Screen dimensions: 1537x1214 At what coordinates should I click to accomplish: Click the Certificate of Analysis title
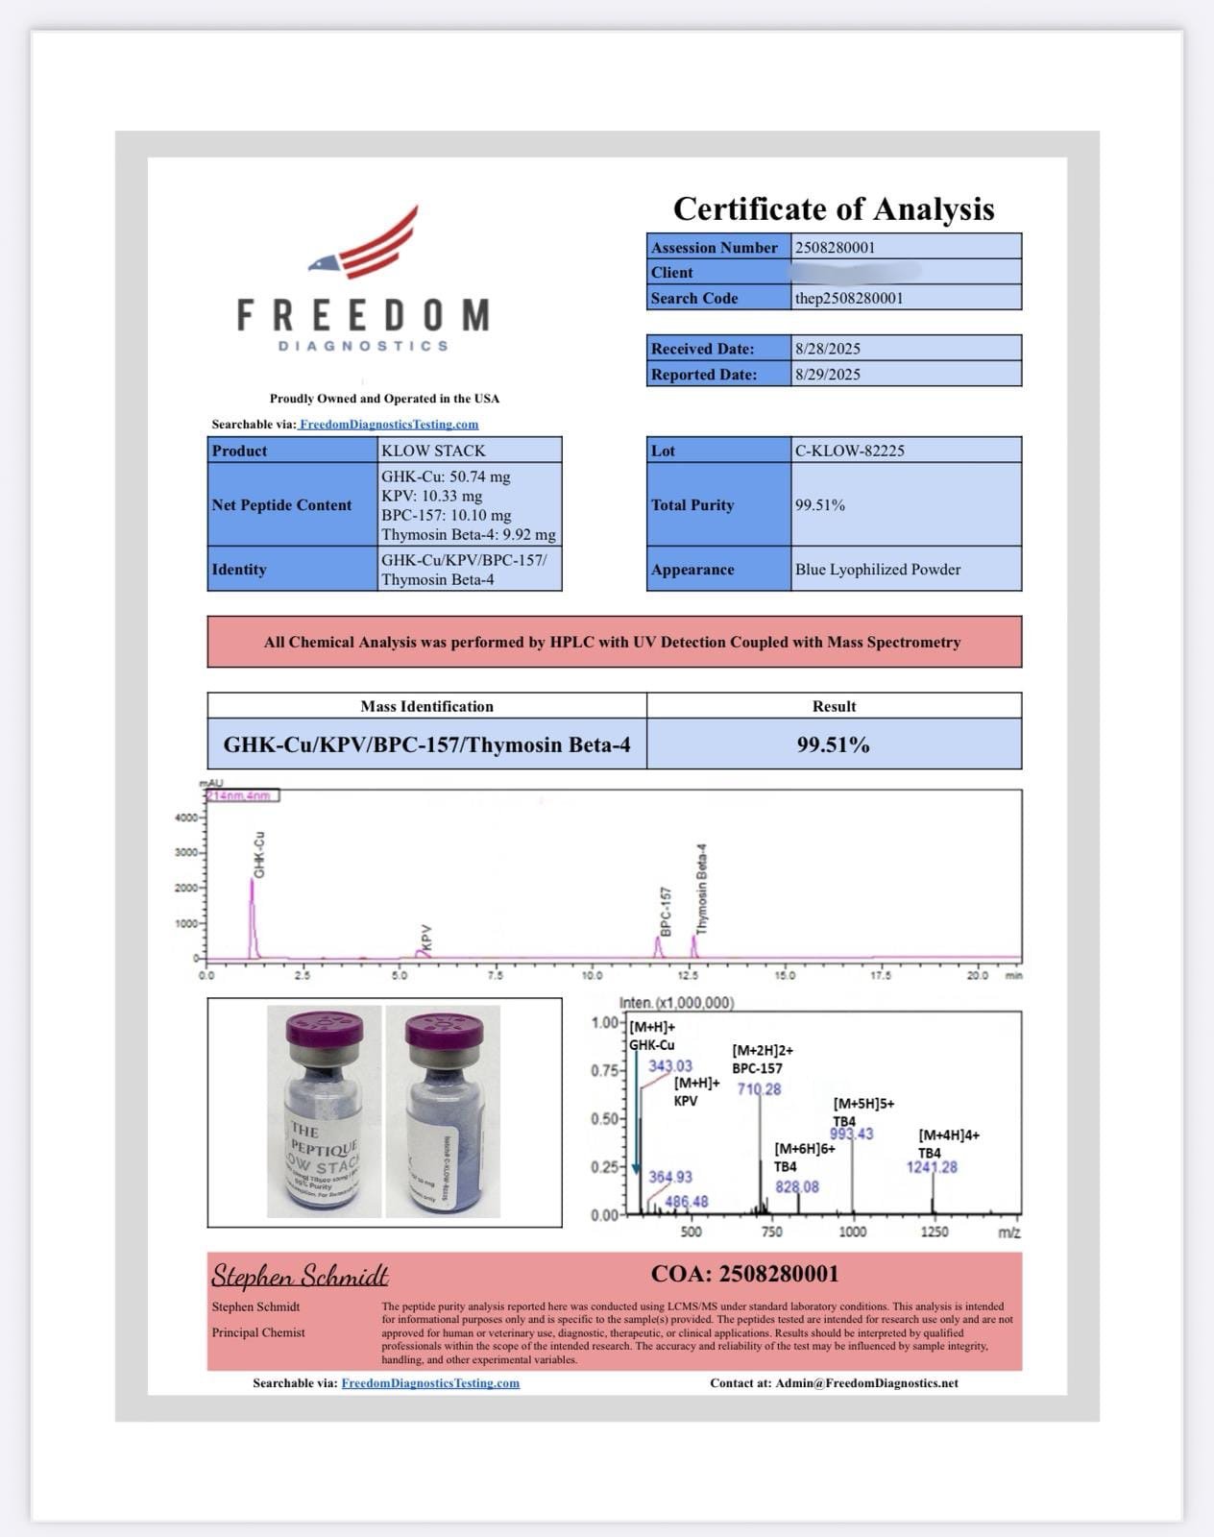click(x=834, y=208)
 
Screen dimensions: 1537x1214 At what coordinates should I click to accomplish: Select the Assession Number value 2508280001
click(x=836, y=247)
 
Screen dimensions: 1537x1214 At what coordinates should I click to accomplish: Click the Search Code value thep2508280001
click(x=849, y=298)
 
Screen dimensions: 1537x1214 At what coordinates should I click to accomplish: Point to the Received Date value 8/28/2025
click(x=828, y=349)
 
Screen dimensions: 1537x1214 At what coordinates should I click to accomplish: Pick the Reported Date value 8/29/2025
click(x=828, y=375)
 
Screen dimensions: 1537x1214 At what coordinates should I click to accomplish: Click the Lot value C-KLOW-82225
click(x=850, y=451)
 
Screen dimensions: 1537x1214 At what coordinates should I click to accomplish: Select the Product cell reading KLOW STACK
click(x=433, y=451)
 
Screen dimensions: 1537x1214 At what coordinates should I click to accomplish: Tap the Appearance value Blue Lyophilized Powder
click(x=878, y=570)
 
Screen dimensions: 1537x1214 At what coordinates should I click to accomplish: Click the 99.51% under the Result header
click(x=834, y=744)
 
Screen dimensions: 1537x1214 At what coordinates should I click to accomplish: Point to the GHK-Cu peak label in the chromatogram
click(x=259, y=853)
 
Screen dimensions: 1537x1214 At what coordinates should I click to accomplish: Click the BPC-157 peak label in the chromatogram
click(x=665, y=911)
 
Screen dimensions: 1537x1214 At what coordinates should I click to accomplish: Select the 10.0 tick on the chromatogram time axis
click(x=592, y=975)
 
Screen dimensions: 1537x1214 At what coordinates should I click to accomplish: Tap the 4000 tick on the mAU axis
click(x=185, y=817)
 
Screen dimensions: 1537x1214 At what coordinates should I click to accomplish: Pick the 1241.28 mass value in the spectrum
click(x=932, y=1167)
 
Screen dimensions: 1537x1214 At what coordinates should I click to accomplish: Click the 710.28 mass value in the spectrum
click(x=759, y=1088)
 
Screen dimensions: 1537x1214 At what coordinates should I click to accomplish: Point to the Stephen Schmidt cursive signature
click(x=300, y=1276)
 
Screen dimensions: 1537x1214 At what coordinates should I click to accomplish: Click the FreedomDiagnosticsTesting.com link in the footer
click(x=430, y=1383)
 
